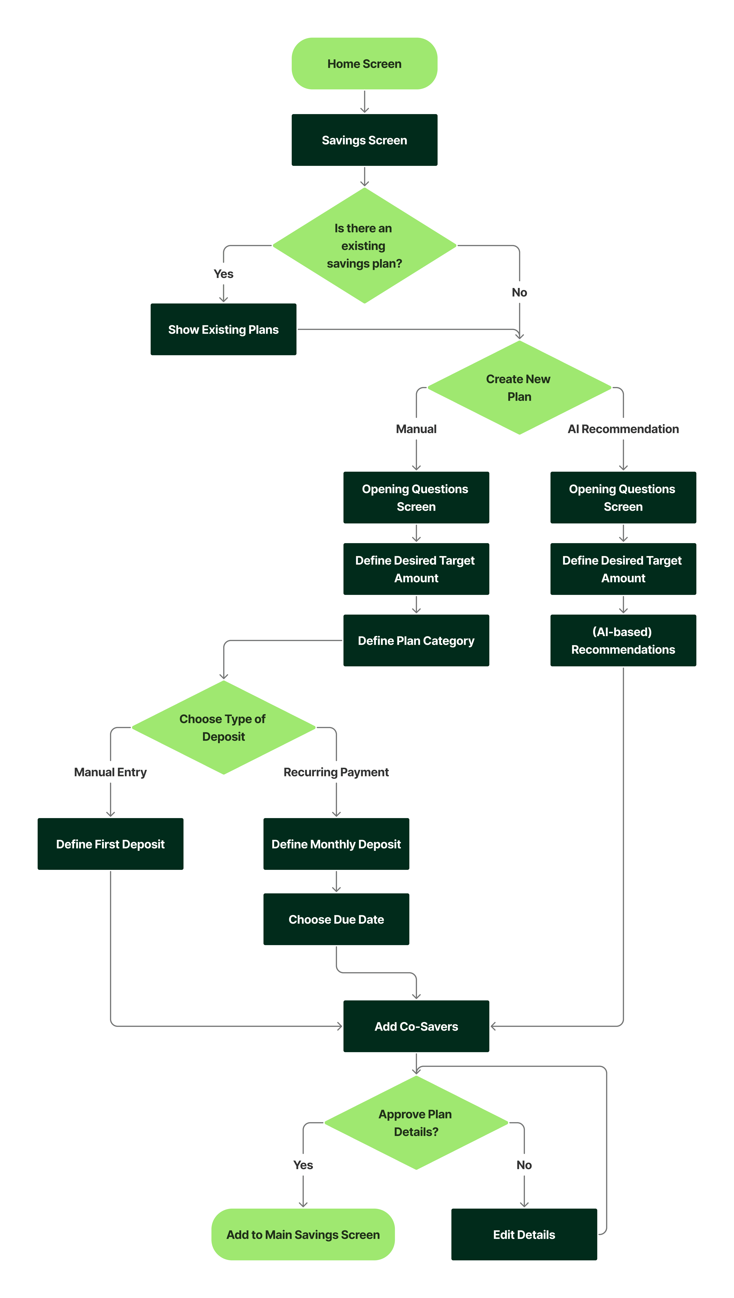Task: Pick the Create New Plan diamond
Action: pos(519,388)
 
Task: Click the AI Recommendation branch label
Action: pos(623,429)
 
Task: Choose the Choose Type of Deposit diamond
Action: pos(223,727)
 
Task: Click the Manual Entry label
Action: pos(110,772)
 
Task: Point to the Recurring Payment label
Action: pos(336,772)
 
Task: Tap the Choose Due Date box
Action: pos(336,919)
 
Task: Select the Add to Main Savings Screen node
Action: pos(303,1234)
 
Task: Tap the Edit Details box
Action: pos(524,1234)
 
